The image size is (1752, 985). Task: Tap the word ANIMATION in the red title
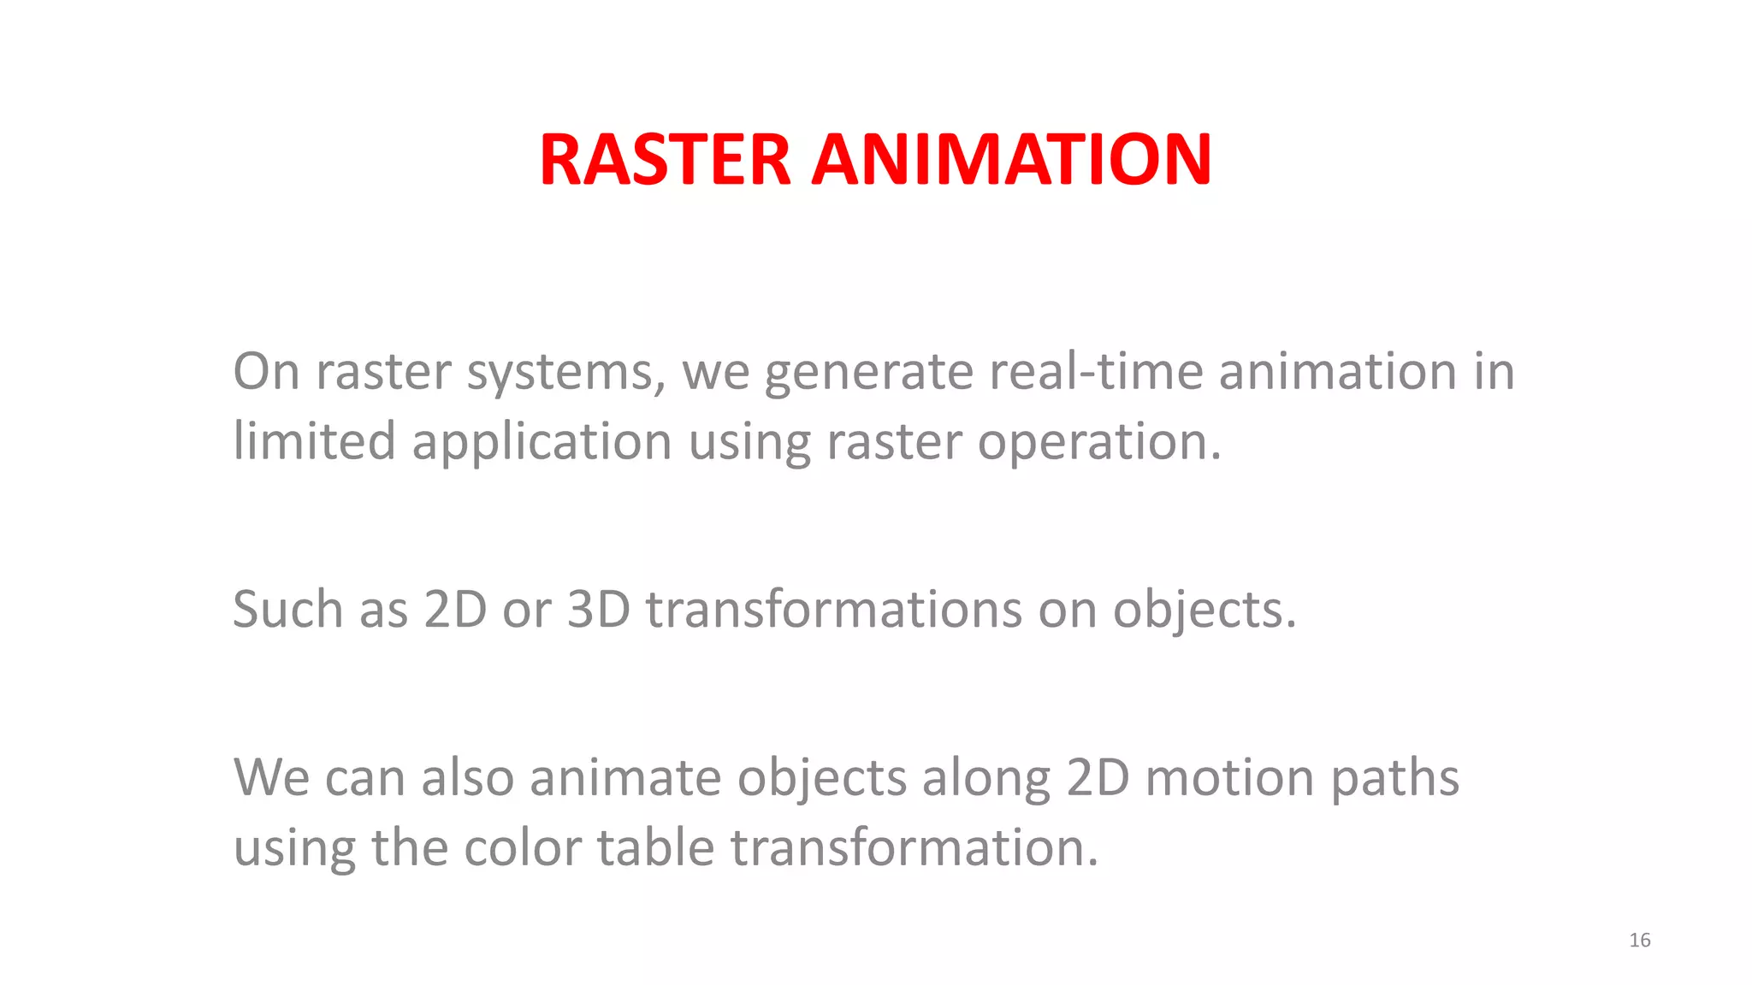(x=1011, y=160)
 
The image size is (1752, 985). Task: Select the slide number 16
(x=1639, y=941)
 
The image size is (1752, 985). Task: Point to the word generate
(x=867, y=373)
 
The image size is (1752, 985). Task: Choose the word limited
(x=314, y=441)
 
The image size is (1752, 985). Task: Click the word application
(x=542, y=443)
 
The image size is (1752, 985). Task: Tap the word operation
(x=1099, y=443)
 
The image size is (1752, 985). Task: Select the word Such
(x=288, y=609)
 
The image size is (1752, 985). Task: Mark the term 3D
(x=599, y=609)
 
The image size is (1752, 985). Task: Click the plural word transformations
(x=834, y=609)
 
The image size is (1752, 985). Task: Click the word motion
(x=1229, y=777)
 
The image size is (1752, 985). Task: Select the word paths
(x=1394, y=779)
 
